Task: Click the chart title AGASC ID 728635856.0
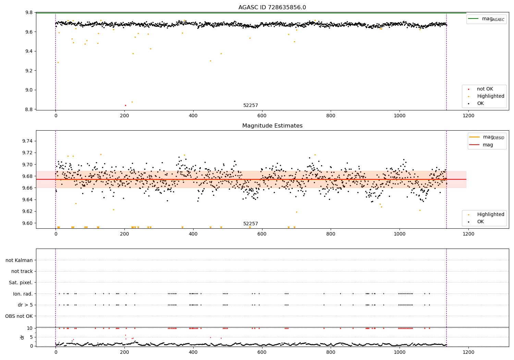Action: tap(272, 8)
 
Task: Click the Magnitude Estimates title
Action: tap(272, 126)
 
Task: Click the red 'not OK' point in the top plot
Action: tap(125, 105)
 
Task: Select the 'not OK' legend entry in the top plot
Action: tap(485, 89)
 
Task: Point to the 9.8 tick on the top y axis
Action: tap(29, 13)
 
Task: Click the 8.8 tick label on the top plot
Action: tap(29, 109)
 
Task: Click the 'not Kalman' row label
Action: tap(19, 260)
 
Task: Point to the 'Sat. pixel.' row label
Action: tap(21, 283)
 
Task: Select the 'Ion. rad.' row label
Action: tap(23, 294)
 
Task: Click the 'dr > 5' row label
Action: tap(25, 305)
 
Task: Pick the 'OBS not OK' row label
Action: tap(19, 316)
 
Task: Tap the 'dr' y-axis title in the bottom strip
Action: tap(22, 337)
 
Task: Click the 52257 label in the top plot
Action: tap(250, 106)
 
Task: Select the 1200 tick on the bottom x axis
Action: tap(468, 352)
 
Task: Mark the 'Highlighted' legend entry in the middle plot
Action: tap(490, 215)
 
